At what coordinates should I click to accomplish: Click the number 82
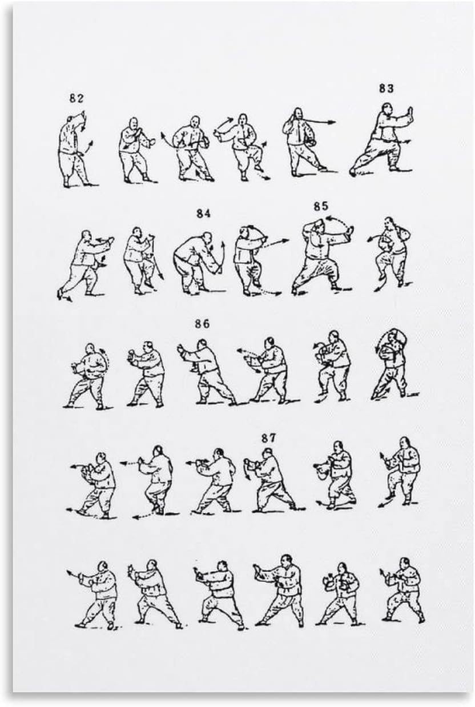point(77,99)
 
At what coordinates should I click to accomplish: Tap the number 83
point(387,89)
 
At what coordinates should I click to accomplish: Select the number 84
point(203,214)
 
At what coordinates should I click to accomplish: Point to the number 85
point(321,206)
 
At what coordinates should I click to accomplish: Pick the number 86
point(202,324)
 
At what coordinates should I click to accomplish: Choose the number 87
point(268,438)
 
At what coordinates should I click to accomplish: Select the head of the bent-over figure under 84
point(207,238)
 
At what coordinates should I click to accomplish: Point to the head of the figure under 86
point(202,344)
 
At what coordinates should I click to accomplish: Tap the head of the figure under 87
point(268,453)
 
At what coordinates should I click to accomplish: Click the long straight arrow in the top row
point(319,122)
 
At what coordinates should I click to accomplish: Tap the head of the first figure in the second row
point(86,236)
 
